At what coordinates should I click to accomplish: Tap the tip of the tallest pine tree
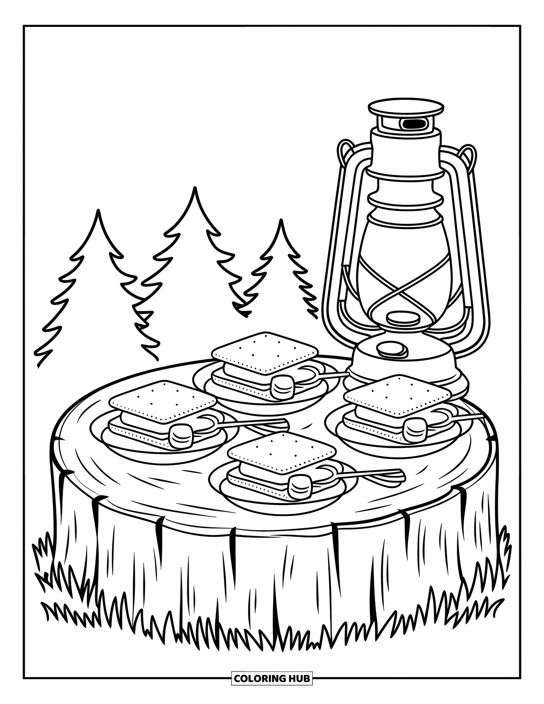point(195,190)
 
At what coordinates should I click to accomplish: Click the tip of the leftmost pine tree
point(99,212)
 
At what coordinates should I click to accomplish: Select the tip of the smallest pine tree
point(281,222)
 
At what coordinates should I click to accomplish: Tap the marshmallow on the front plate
point(300,486)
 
